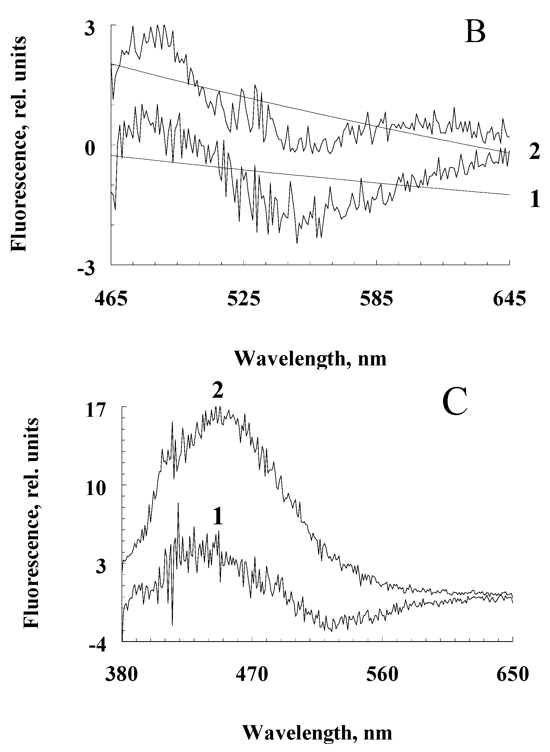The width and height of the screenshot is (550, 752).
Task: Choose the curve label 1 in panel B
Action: click(x=535, y=200)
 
